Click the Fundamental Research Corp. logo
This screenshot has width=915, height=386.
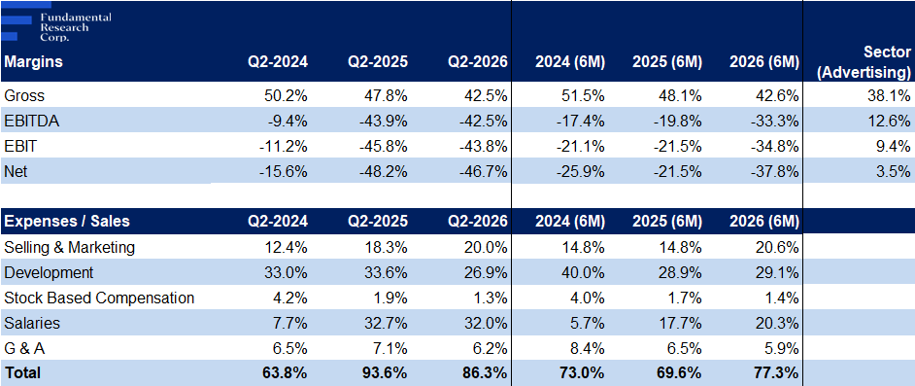pyautogui.click(x=56, y=22)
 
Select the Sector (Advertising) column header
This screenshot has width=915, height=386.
pyautogui.click(x=873, y=62)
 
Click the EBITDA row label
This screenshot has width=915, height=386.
pyautogui.click(x=31, y=121)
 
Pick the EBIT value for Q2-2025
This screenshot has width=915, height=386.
pyautogui.click(x=383, y=147)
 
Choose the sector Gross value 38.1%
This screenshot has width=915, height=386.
pyautogui.click(x=890, y=95)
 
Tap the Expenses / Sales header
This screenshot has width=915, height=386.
pyautogui.click(x=67, y=222)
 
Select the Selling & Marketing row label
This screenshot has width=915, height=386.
pyautogui.click(x=69, y=247)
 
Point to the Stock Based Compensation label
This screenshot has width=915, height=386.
pyautogui.click(x=99, y=298)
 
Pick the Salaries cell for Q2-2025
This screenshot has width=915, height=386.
pyautogui.click(x=386, y=323)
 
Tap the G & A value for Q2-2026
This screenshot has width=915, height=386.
pyautogui.click(x=491, y=349)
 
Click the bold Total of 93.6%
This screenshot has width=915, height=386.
pyautogui.click(x=386, y=372)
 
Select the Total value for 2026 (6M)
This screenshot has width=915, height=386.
pyautogui.click(x=777, y=372)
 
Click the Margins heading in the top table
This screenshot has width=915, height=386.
pyautogui.click(x=33, y=62)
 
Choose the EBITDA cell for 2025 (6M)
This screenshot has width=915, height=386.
pyautogui.click(x=677, y=121)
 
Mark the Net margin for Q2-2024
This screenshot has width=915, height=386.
pyautogui.click(x=283, y=172)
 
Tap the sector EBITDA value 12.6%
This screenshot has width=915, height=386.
pyautogui.click(x=890, y=121)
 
